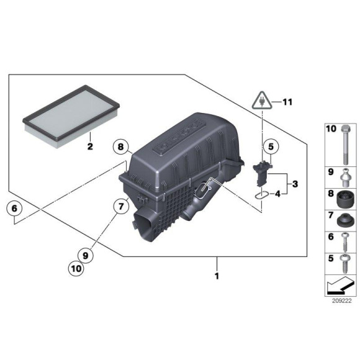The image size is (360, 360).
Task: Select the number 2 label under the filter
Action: click(x=89, y=147)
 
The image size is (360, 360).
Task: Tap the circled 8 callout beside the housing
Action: click(x=121, y=148)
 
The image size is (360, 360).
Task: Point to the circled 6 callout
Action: click(x=12, y=209)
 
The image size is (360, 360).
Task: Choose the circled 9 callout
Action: click(x=86, y=254)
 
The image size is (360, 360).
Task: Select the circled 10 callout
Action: click(x=77, y=269)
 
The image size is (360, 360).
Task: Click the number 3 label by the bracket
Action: click(x=295, y=184)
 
